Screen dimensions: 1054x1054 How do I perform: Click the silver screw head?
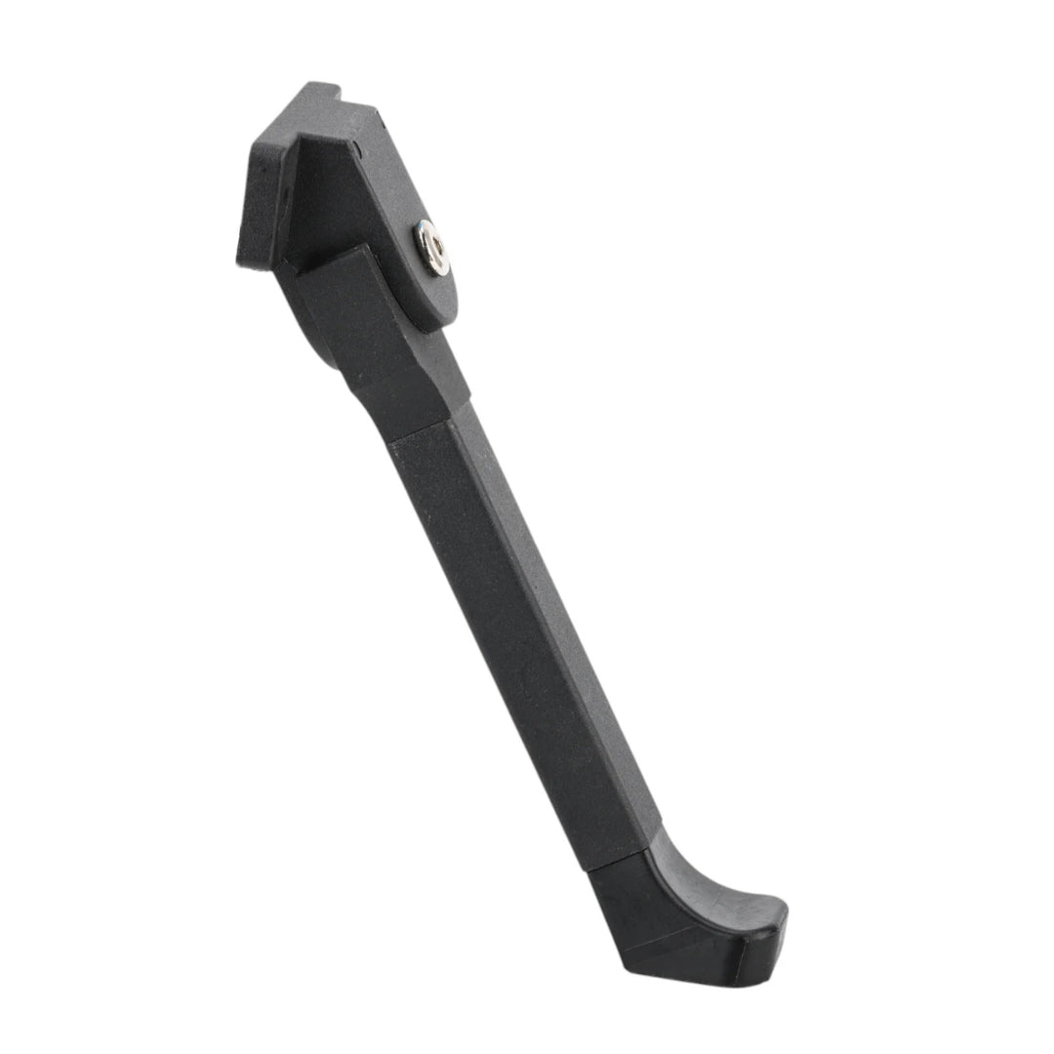pyautogui.click(x=432, y=247)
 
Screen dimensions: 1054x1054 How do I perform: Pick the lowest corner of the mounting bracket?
pyautogui.click(x=244, y=262)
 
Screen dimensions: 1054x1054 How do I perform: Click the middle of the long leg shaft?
pyautogui.click(x=517, y=644)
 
